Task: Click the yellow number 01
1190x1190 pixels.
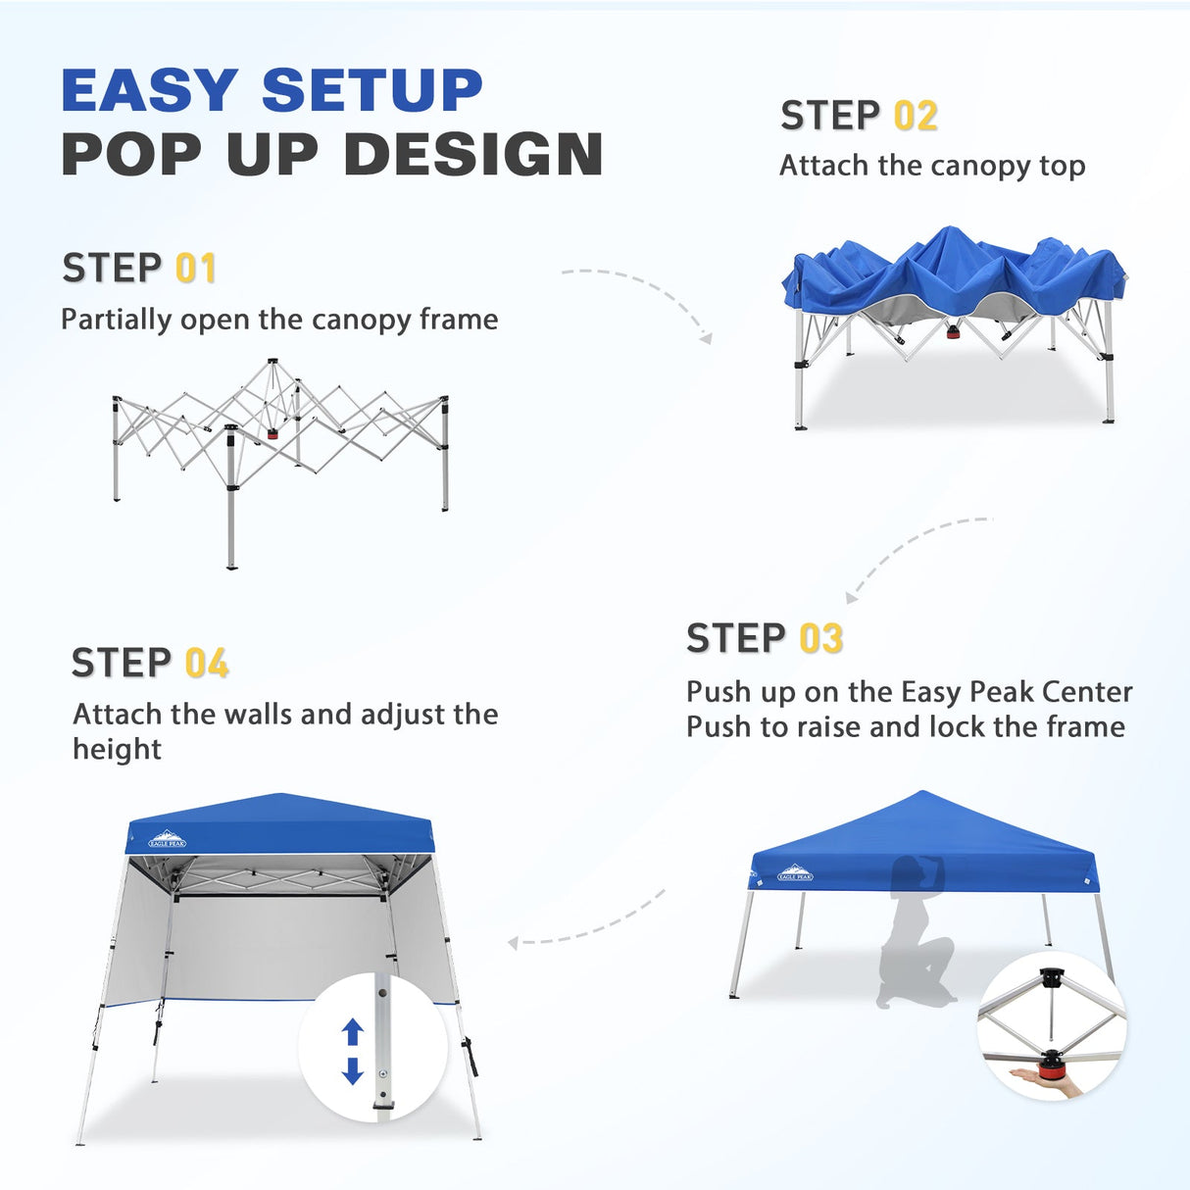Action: (x=195, y=269)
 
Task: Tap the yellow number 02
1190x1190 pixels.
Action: (x=916, y=117)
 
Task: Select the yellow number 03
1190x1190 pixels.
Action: (x=821, y=639)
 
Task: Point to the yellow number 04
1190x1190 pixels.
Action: (x=207, y=664)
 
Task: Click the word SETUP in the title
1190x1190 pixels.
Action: (x=372, y=91)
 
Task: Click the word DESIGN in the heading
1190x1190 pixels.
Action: (x=472, y=155)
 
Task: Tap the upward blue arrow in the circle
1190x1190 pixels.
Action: (x=353, y=1032)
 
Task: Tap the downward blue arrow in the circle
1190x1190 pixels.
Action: (x=353, y=1070)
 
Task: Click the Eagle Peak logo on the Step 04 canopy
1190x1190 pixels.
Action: (x=167, y=839)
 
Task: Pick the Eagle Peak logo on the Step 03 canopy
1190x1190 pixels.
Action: (x=795, y=872)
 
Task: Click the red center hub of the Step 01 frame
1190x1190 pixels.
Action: (x=273, y=432)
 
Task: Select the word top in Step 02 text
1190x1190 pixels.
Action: (x=1062, y=167)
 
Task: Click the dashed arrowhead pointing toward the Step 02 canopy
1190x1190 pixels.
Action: (x=706, y=337)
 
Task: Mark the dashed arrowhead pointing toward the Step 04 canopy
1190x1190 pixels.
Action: (x=514, y=943)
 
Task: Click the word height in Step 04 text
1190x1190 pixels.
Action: (x=117, y=750)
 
